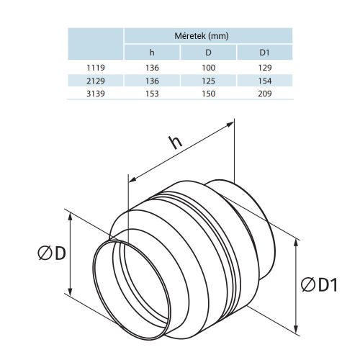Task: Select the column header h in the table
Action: click(x=152, y=52)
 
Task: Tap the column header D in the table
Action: click(x=209, y=52)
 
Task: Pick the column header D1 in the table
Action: click(x=265, y=52)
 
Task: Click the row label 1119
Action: click(x=96, y=68)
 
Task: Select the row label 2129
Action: click(x=96, y=81)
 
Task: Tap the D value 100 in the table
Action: click(x=209, y=68)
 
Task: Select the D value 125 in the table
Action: click(x=209, y=81)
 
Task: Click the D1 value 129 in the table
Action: click(x=265, y=68)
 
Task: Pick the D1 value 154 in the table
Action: click(x=265, y=81)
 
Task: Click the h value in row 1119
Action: click(x=152, y=68)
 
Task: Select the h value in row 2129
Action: click(x=152, y=81)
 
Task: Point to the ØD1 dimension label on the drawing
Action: click(x=319, y=285)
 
